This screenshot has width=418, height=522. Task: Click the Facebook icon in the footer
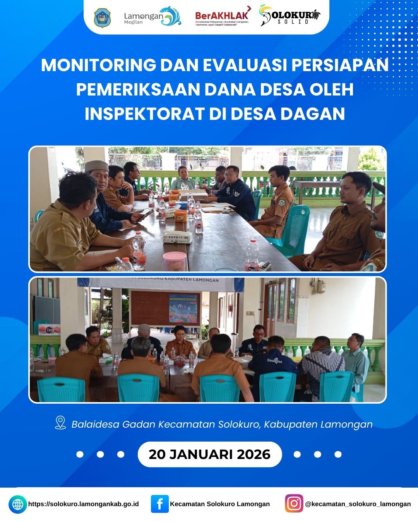(159, 504)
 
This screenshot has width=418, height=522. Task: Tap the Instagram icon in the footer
(294, 503)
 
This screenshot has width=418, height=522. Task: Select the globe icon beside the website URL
(18, 504)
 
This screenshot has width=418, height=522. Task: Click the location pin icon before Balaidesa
(60, 423)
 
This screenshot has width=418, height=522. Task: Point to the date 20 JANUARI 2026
(209, 454)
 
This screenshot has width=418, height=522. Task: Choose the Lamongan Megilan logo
(152, 17)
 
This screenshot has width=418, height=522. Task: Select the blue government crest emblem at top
(102, 18)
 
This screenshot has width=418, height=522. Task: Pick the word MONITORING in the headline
(98, 65)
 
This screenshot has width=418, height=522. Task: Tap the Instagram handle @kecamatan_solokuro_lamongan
(358, 504)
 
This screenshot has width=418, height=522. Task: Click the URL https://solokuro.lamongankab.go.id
(83, 504)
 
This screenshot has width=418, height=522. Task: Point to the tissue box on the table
(177, 237)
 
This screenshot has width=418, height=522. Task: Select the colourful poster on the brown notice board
(184, 308)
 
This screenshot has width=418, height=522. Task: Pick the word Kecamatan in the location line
(187, 424)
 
